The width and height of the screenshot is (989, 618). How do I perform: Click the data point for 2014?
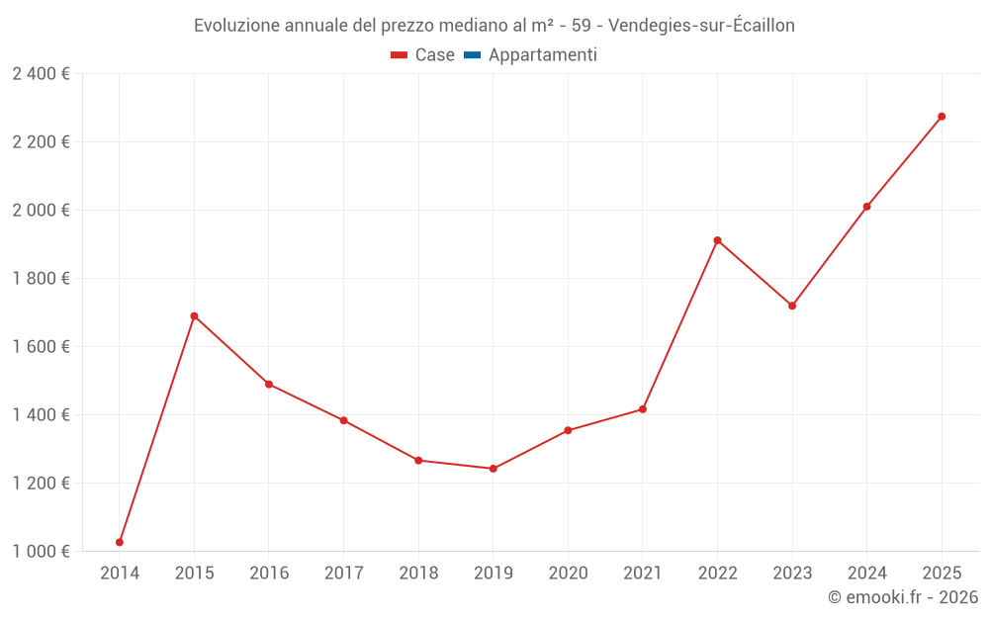tap(120, 542)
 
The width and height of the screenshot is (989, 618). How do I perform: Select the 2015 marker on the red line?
tap(194, 316)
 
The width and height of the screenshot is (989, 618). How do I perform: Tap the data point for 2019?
tap(494, 469)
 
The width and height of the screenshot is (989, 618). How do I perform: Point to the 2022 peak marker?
tap(718, 240)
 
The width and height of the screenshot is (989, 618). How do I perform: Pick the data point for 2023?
tap(792, 306)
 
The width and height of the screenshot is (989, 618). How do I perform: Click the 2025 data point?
tap(942, 117)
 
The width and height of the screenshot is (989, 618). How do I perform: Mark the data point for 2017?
tap(343, 420)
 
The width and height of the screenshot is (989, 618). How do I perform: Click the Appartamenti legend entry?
tap(542, 55)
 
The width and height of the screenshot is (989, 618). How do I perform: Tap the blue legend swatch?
tap(472, 55)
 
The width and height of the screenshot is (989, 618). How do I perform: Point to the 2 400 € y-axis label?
tap(41, 74)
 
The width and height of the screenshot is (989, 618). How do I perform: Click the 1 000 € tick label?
tap(41, 552)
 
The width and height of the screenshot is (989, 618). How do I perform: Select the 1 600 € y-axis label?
tap(41, 347)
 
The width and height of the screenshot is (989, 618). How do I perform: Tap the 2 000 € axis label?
tap(41, 211)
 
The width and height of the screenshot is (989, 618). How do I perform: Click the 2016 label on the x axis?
tap(269, 574)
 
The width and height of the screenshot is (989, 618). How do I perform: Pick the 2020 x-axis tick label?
tap(568, 574)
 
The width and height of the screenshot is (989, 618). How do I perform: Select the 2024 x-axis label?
tap(866, 574)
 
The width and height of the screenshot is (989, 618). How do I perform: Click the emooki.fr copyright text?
tap(902, 597)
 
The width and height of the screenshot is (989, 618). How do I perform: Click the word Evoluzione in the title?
tap(236, 26)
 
